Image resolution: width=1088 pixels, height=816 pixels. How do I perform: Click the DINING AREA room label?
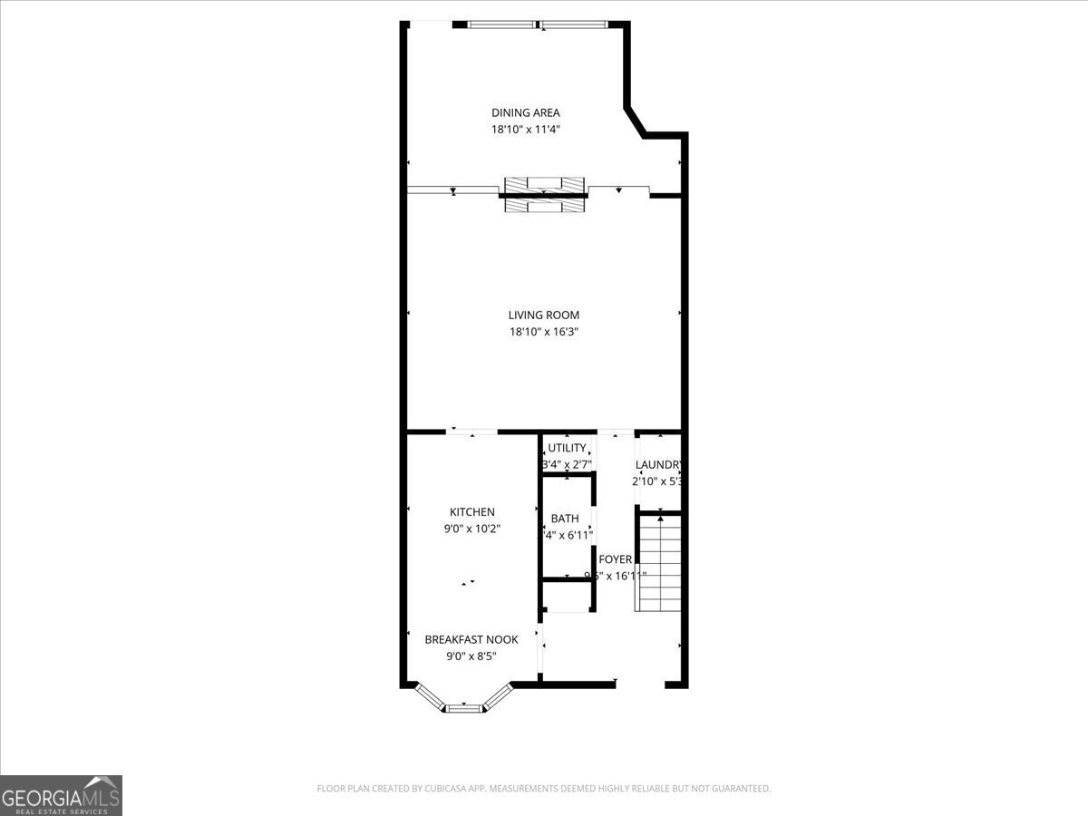pyautogui.click(x=526, y=112)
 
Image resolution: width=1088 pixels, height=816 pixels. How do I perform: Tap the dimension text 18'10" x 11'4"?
pyautogui.click(x=526, y=130)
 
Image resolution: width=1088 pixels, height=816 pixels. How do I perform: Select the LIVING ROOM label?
pyautogui.click(x=543, y=315)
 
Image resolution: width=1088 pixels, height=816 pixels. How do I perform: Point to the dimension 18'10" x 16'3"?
pyautogui.click(x=543, y=332)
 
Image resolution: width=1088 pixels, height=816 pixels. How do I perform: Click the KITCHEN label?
pyautogui.click(x=472, y=512)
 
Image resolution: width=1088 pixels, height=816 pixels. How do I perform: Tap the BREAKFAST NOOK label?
pyautogui.click(x=471, y=639)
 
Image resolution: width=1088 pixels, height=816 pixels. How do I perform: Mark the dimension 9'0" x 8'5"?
pyautogui.click(x=471, y=656)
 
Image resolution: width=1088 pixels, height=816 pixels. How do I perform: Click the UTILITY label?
pyautogui.click(x=567, y=448)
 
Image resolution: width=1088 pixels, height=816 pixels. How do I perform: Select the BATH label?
pyautogui.click(x=565, y=519)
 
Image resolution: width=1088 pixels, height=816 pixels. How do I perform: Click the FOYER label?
pyautogui.click(x=616, y=559)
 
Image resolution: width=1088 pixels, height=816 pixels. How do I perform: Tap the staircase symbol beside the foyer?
pyautogui.click(x=660, y=562)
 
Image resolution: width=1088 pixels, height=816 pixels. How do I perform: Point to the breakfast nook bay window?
pyautogui.click(x=463, y=700)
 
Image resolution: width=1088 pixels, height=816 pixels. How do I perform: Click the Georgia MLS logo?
pyautogui.click(x=61, y=795)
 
